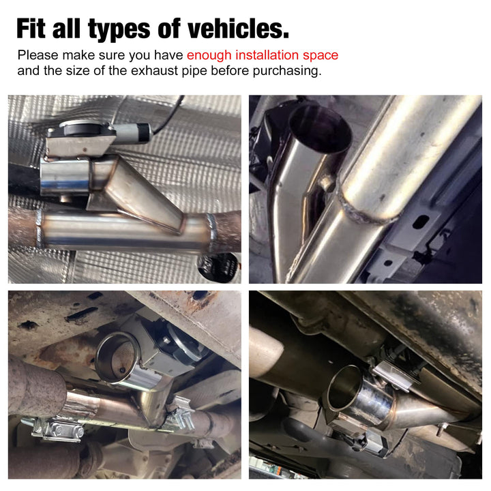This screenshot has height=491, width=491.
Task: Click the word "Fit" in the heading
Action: (x=31, y=29)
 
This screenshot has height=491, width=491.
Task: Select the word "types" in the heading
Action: (x=119, y=30)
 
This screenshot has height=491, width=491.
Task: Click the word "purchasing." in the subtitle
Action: (x=287, y=71)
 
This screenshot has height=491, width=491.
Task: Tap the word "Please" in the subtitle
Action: (x=38, y=55)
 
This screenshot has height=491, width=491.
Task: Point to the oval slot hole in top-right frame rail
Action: (x=421, y=222)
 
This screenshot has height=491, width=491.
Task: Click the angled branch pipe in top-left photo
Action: (x=143, y=194)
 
